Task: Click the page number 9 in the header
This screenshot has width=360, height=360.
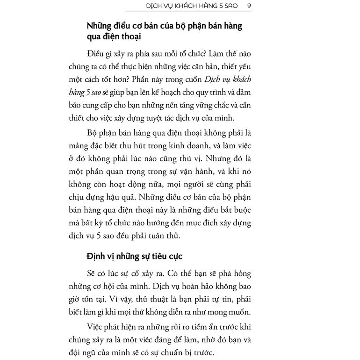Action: coord(249,6)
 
